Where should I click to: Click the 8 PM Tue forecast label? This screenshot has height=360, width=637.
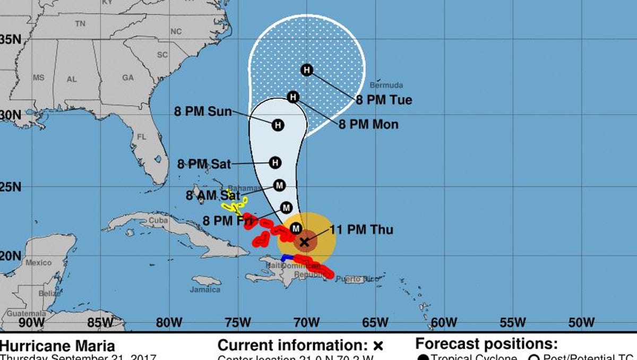[384, 100]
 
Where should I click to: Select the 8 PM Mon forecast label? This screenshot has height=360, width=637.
[368, 125]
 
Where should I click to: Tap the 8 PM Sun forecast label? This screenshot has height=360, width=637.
[203, 112]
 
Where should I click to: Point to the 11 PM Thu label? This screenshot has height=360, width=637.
[361, 230]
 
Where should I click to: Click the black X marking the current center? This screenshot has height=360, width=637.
[304, 242]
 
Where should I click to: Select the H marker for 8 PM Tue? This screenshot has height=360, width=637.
[307, 70]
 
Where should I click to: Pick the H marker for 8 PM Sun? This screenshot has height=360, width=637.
[278, 125]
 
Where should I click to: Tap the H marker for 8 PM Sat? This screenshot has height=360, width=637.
[275, 162]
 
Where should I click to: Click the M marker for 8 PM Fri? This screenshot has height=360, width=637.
[287, 208]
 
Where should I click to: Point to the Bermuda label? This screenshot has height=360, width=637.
[386, 85]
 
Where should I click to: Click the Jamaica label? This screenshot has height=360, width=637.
[205, 289]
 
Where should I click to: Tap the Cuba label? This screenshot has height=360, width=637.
[154, 220]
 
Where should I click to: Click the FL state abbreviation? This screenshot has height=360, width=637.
[141, 136]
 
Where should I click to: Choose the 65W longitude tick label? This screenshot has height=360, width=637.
[375, 322]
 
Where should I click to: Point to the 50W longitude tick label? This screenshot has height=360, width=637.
[581, 322]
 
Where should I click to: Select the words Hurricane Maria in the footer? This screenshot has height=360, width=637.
[57, 346]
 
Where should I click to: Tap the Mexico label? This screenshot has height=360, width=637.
[38, 263]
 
